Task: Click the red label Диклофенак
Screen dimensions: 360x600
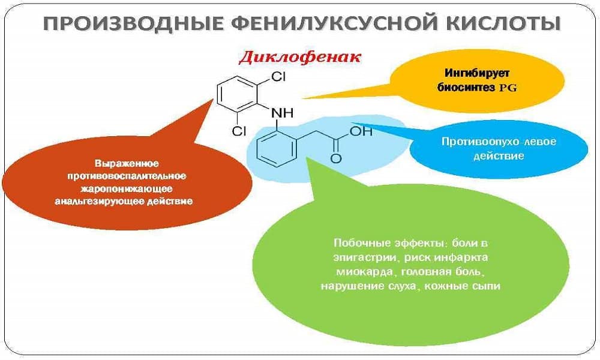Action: click(300, 58)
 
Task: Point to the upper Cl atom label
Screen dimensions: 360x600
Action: click(280, 77)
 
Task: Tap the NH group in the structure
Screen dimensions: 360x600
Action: click(283, 112)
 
